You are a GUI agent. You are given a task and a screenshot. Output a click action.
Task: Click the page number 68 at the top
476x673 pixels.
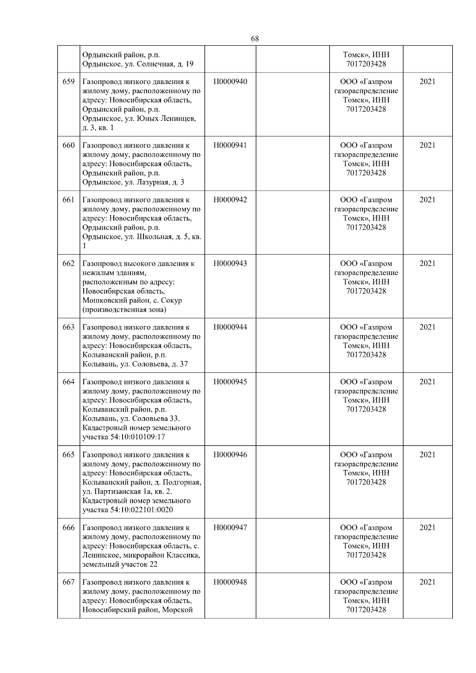pos(255,39)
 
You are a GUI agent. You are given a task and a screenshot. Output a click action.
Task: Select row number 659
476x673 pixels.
pos(69,82)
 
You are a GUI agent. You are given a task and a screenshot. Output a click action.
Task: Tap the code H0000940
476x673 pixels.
pos(230,82)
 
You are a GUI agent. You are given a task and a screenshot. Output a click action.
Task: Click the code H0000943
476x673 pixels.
pos(230,264)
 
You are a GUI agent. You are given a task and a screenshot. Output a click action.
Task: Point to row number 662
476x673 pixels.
pos(69,264)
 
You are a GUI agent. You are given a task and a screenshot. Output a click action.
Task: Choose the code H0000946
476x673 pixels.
pos(230,455)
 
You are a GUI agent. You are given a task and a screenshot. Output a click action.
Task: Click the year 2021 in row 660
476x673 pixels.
pos(427,146)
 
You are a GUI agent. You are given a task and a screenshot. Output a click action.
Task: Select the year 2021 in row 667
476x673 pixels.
pos(427,582)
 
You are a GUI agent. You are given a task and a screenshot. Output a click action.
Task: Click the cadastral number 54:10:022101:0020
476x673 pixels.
pos(139,510)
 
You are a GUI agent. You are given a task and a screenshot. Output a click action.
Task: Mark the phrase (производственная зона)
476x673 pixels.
pos(124,310)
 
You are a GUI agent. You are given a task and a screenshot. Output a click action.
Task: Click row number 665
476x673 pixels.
pos(69,455)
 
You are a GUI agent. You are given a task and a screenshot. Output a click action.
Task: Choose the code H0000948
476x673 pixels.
pos(230,582)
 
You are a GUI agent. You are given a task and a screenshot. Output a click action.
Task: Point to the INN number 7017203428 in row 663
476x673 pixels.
pos(366,355)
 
